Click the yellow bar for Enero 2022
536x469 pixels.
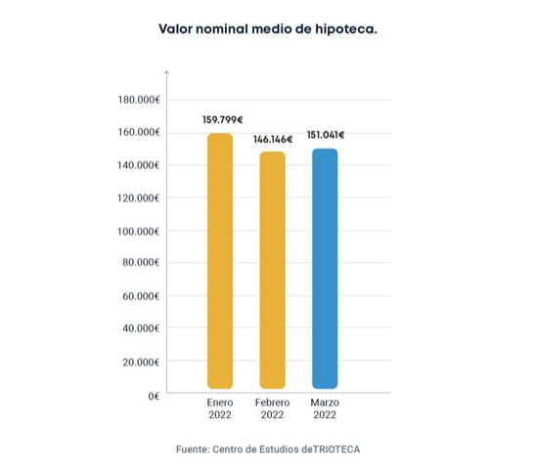[220, 261]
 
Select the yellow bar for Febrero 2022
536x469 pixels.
[273, 270]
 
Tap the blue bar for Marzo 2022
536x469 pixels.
[325, 269]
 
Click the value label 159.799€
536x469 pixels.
[223, 120]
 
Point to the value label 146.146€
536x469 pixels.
[273, 140]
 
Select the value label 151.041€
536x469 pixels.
[326, 135]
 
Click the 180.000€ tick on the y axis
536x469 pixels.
[139, 100]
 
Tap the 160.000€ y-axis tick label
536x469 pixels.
[139, 132]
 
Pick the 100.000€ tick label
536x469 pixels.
[139, 232]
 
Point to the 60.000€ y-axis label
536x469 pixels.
[141, 296]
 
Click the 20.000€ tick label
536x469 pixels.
[141, 362]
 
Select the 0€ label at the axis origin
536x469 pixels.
[154, 397]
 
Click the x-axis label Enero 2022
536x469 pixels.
[220, 408]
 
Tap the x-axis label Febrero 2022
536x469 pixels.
[273, 408]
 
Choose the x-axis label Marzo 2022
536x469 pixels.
[325, 408]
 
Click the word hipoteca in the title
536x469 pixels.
[346, 29]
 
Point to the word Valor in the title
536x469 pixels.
[175, 29]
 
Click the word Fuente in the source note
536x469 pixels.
[193, 449]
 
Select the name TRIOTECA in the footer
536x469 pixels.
[336, 449]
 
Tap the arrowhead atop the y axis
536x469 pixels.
[167, 72]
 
